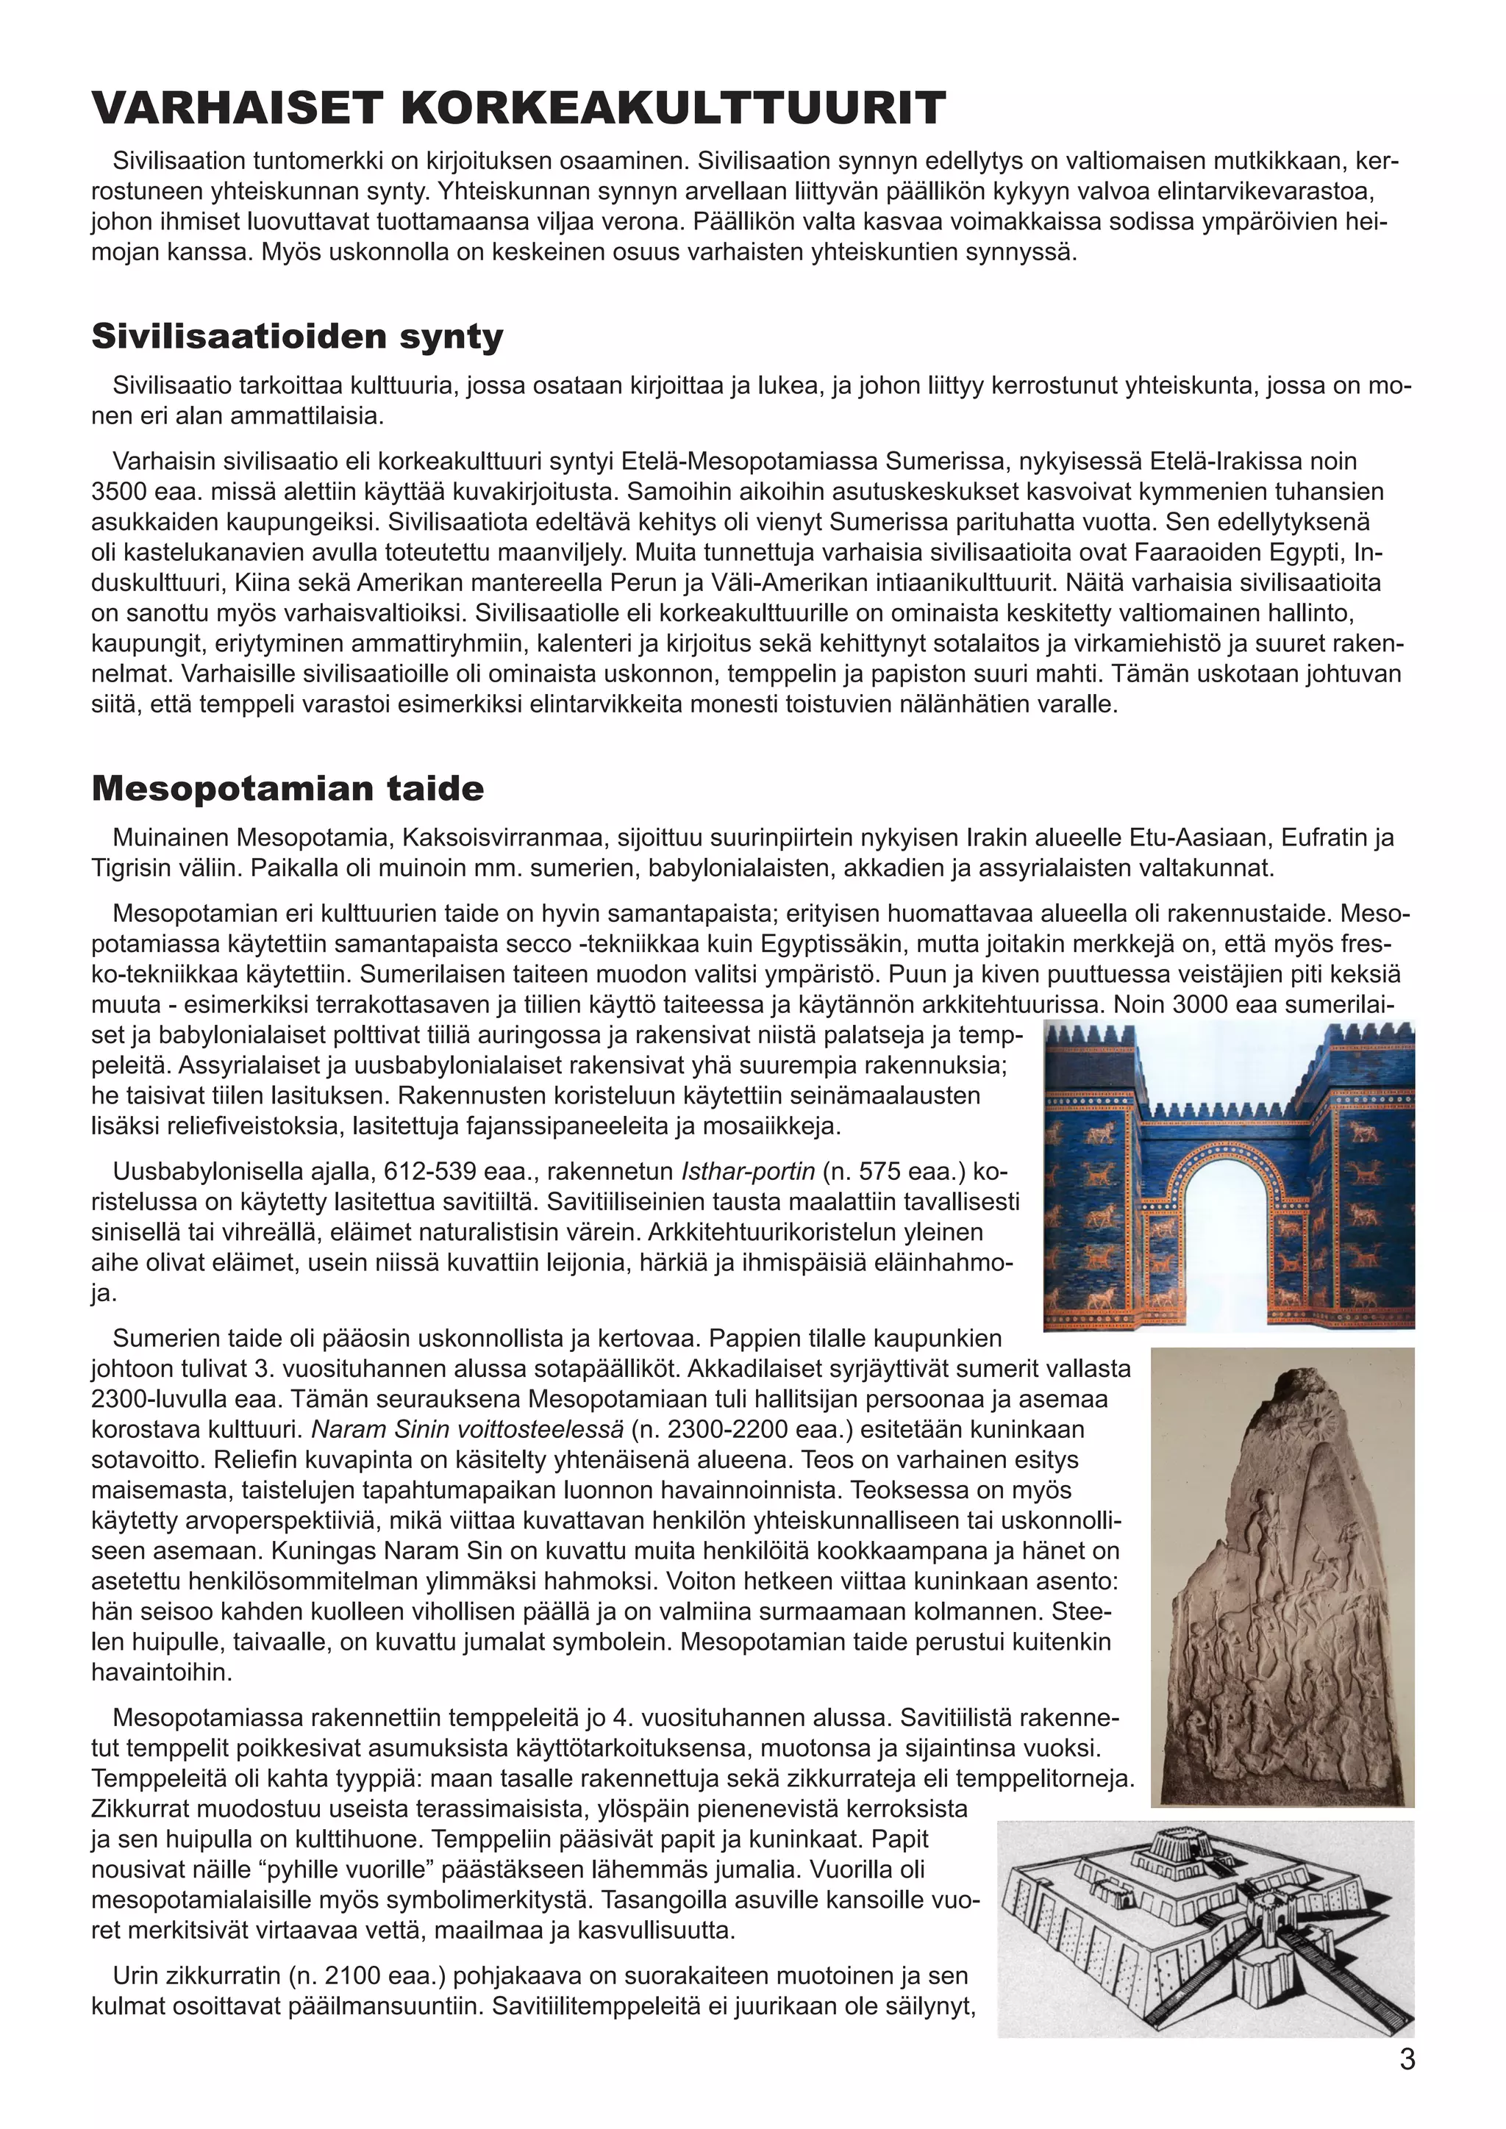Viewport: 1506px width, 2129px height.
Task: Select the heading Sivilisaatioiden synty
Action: coord(297,337)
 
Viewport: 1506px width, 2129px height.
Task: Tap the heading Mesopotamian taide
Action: coord(288,789)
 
